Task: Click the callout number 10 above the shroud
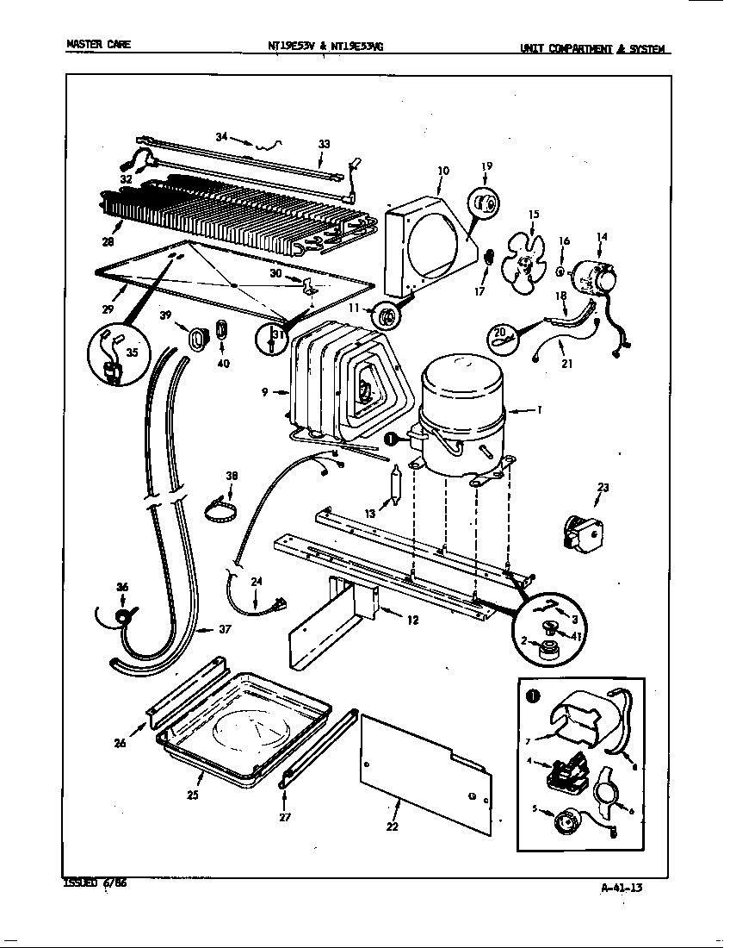coord(442,171)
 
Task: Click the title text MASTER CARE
coord(98,43)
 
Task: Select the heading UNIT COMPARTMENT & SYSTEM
coord(594,48)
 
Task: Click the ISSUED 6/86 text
coord(96,883)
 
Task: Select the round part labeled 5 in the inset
coord(566,821)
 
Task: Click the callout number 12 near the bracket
coord(412,620)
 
